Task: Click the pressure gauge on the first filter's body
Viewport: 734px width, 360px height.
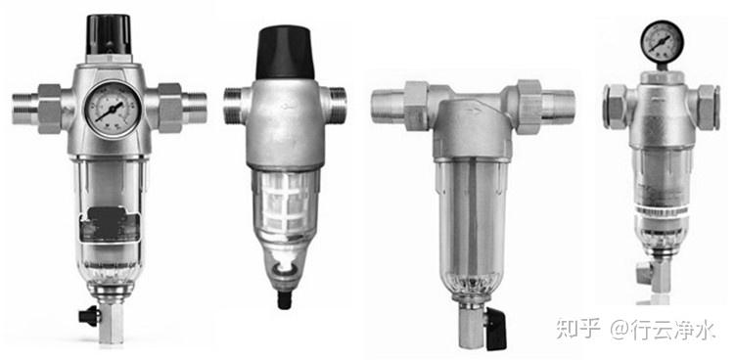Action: pyautogui.click(x=113, y=110)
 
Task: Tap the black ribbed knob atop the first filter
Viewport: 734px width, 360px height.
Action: pyautogui.click(x=109, y=34)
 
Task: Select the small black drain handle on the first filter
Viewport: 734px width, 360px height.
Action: pyautogui.click(x=89, y=316)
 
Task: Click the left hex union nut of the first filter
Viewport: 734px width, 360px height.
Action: pyautogui.click(x=49, y=109)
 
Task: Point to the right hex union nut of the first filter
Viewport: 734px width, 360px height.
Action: pyautogui.click(x=169, y=109)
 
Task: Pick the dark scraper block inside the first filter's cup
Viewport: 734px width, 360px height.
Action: pyautogui.click(x=110, y=225)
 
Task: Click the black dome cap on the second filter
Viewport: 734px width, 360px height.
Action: pyautogui.click(x=285, y=53)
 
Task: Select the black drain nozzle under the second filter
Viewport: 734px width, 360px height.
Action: pyautogui.click(x=284, y=299)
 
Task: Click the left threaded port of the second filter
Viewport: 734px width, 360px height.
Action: pyautogui.click(x=232, y=106)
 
